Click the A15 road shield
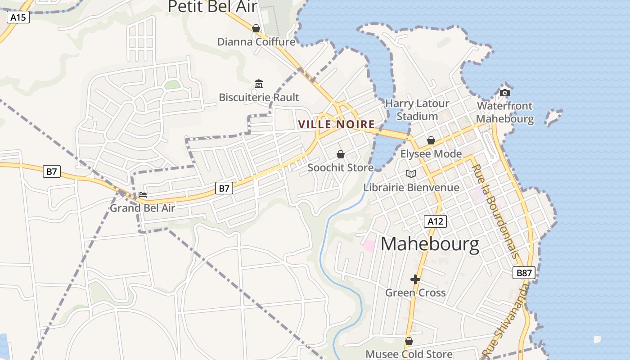tap(18, 18)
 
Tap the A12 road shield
tap(435, 221)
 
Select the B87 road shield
tap(524, 272)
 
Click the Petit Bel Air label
tap(213, 7)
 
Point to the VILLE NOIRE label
tap(337, 124)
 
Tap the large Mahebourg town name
tap(430, 244)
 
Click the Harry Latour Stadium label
tap(417, 110)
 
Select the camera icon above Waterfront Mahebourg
tap(505, 93)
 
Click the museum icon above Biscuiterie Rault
tap(259, 84)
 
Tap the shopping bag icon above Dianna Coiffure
tap(256, 28)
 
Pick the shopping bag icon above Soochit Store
tap(341, 154)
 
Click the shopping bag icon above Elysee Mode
tap(431, 140)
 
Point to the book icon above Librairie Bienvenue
tap(411, 174)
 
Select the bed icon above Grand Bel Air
tap(143, 195)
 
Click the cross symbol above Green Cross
tap(415, 279)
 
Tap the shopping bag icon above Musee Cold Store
tap(409, 341)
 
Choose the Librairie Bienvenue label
tap(411, 187)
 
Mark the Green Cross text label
tap(415, 292)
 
